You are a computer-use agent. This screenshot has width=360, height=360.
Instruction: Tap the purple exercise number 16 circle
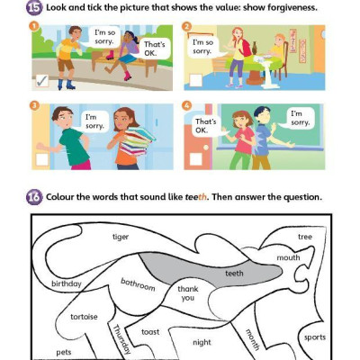coord(33,196)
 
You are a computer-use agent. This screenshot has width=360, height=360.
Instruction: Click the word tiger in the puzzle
coord(121,237)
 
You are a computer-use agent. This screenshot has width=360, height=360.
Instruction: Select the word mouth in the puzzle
coord(288,257)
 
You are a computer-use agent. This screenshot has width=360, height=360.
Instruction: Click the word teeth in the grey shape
coord(234,273)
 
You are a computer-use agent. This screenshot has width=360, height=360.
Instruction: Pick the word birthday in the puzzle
coord(66,283)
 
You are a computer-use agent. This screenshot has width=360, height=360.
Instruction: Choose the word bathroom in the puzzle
coord(139,285)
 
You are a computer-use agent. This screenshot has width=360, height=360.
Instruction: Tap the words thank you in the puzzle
coord(187,293)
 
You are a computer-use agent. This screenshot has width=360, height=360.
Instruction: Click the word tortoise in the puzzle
coord(84,317)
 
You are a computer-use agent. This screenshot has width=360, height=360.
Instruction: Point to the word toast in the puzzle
coord(150,331)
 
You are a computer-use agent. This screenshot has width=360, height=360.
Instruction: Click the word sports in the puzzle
coord(315,337)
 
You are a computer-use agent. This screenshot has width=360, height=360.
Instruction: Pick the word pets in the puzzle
coord(64,352)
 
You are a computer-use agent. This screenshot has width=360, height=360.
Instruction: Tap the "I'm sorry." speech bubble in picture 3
coord(91,121)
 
